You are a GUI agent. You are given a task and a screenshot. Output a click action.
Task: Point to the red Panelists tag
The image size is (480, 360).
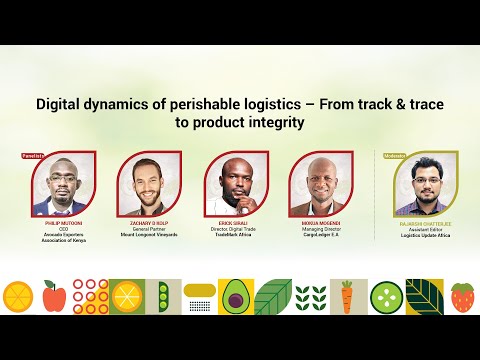(34, 156)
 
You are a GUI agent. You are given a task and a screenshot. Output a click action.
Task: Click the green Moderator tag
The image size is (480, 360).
(397, 156)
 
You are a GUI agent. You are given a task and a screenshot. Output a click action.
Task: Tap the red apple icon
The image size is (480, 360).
(55, 295)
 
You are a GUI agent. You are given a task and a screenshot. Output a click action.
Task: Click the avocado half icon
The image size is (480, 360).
(235, 296)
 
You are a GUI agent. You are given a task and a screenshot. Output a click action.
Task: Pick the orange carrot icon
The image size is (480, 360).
(346, 296)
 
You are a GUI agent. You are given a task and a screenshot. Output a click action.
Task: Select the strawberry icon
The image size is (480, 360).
(462, 296)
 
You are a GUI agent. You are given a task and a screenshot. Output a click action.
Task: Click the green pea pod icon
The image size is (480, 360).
(163, 295)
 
